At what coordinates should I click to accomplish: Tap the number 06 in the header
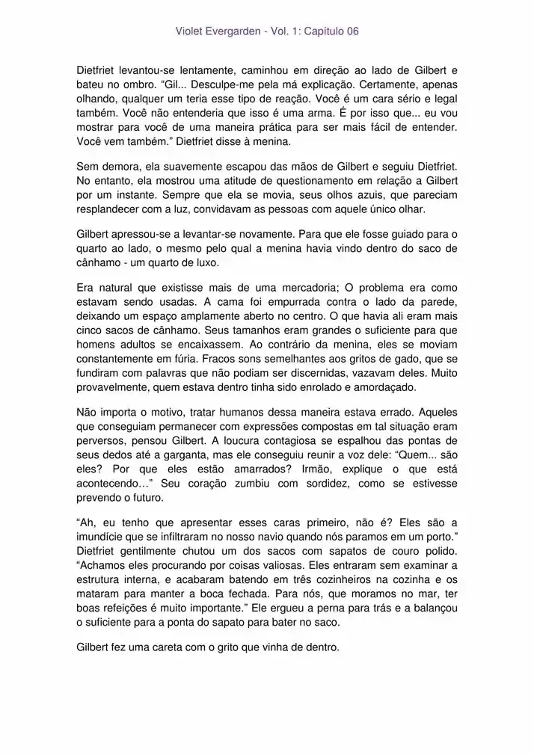(352, 31)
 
